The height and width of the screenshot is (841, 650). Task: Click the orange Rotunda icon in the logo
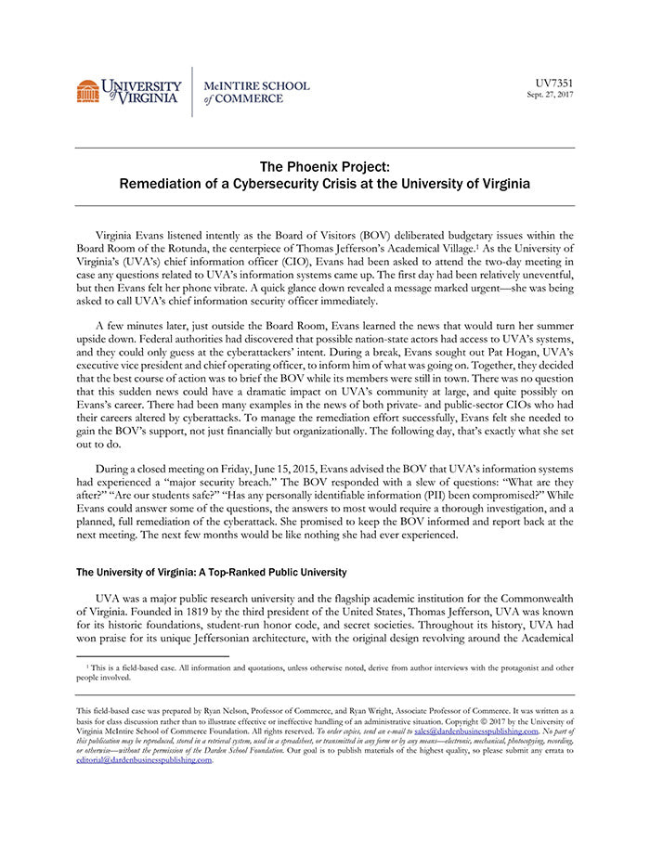(87, 91)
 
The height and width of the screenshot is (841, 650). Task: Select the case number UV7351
(554, 83)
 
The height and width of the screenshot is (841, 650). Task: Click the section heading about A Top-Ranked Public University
(211, 572)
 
